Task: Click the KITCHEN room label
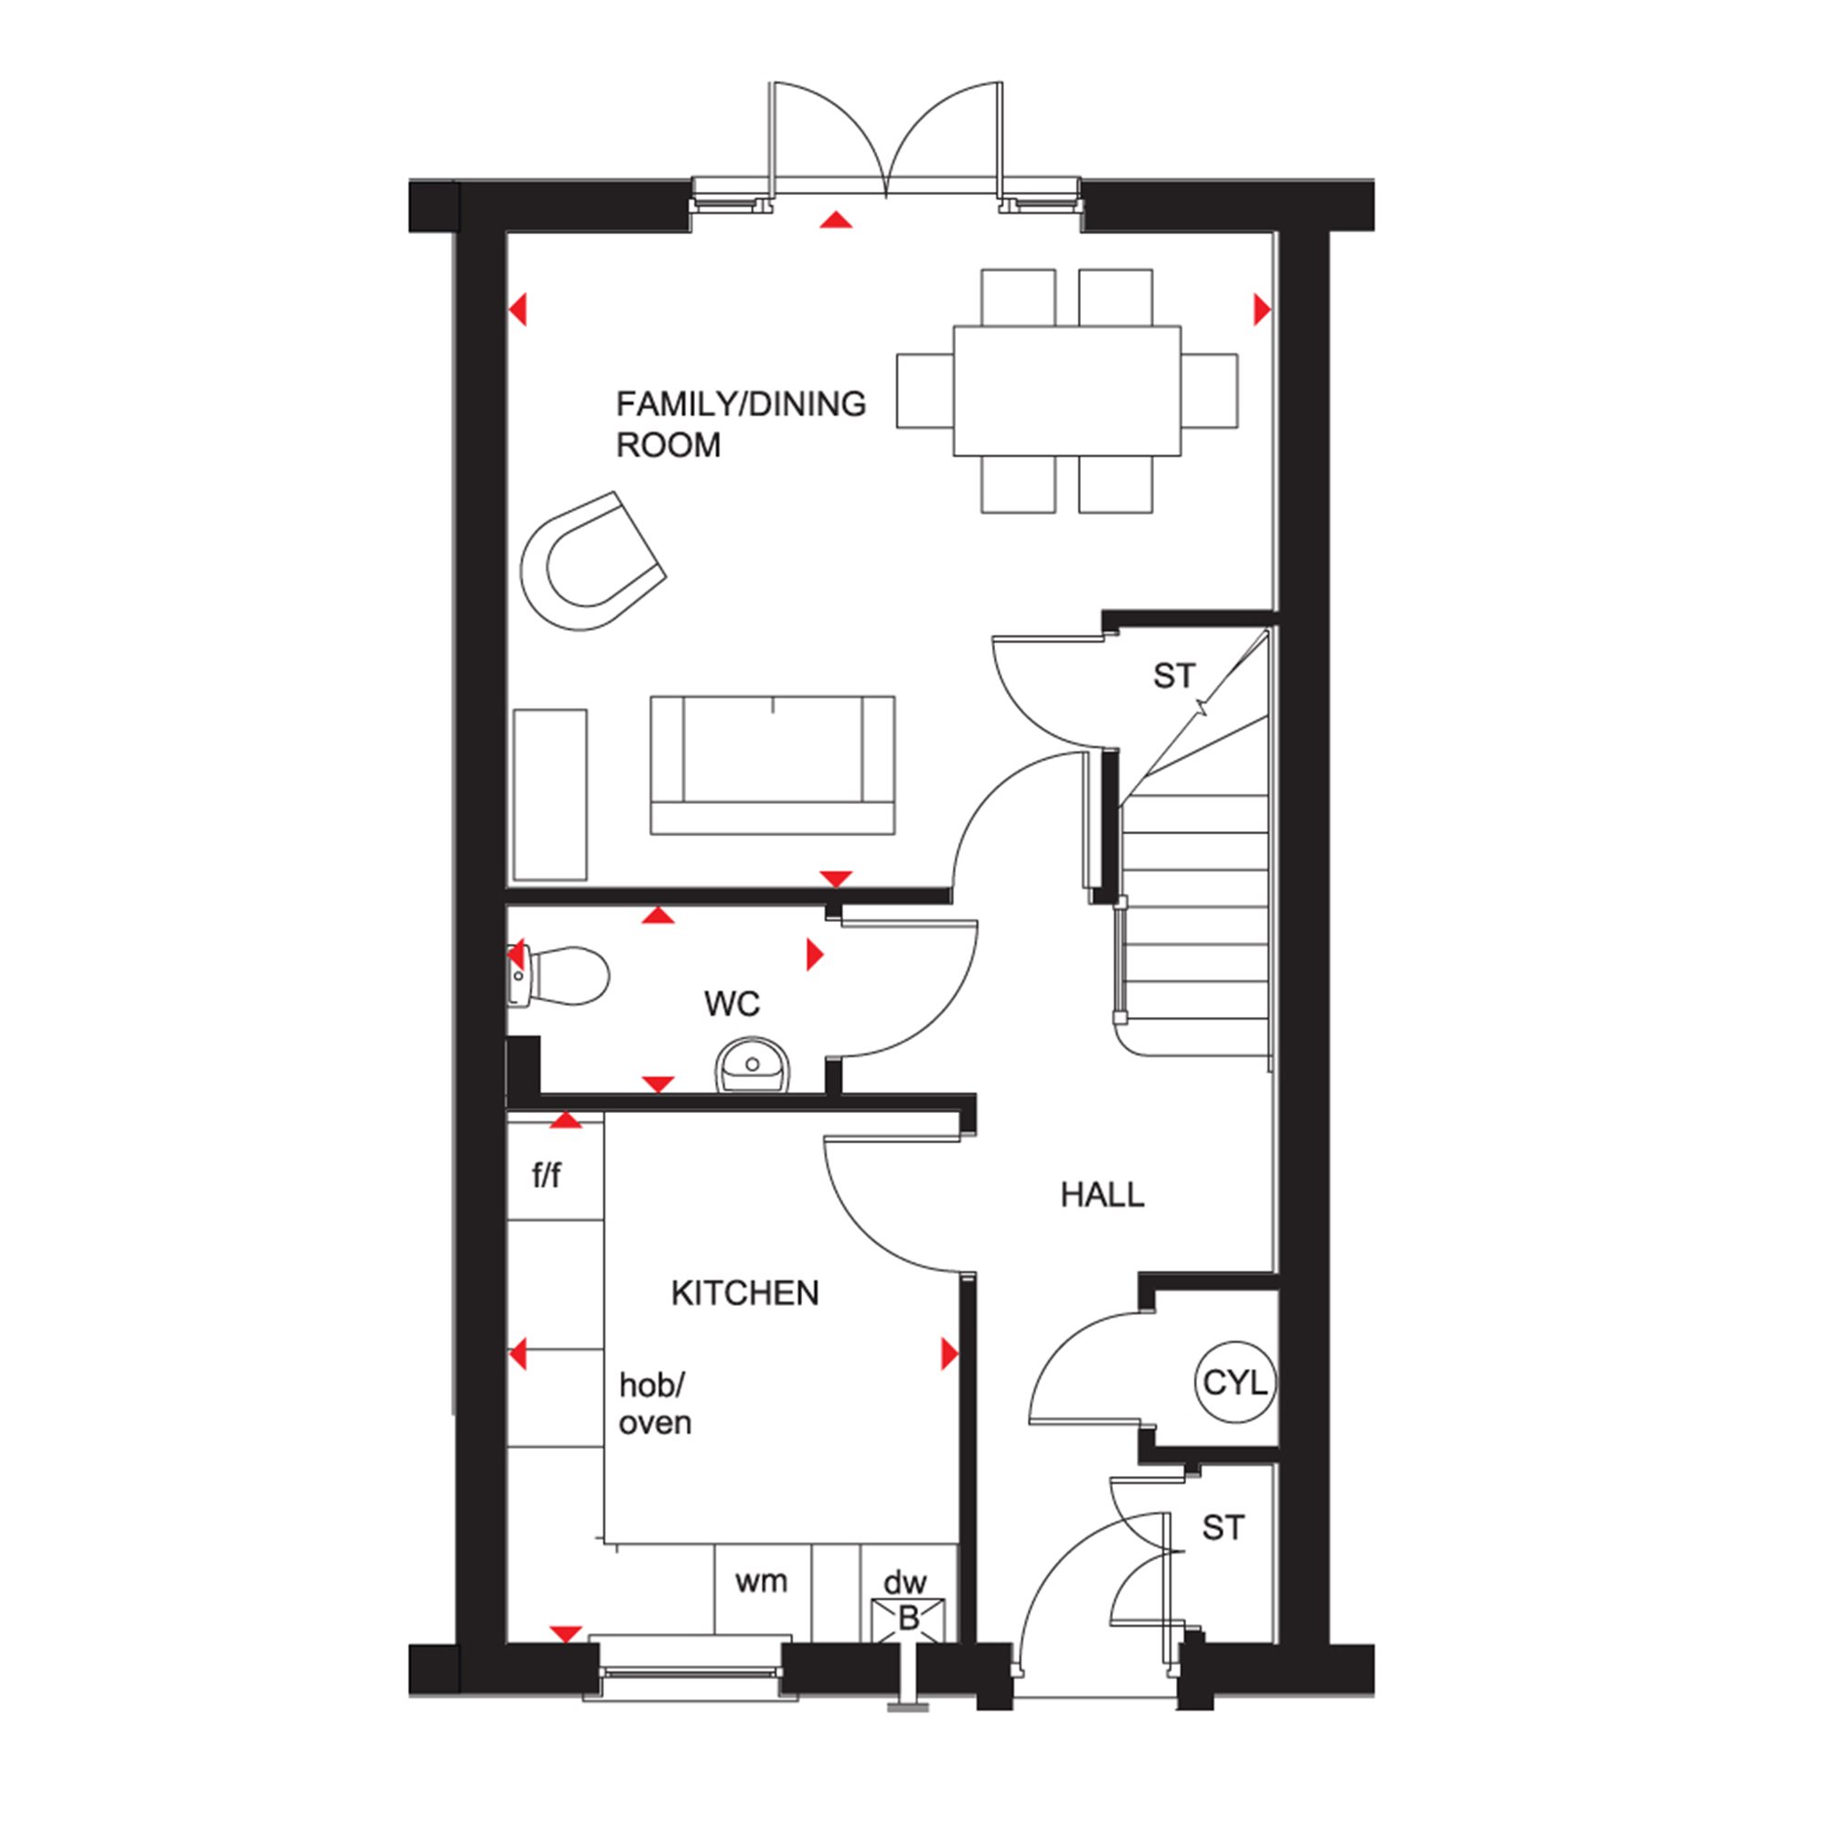tap(745, 1293)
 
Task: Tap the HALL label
tap(1102, 1195)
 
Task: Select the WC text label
tap(732, 1003)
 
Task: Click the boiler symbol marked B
tap(908, 1620)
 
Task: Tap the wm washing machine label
tap(761, 1581)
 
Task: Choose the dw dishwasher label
tap(905, 1582)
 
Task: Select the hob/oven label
tap(654, 1404)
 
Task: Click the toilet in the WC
tap(559, 975)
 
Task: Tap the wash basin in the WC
tap(752, 1065)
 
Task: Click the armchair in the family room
tap(593, 561)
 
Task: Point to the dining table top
tap(1067, 391)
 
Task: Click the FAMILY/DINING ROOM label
tap(741, 424)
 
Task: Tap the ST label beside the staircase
tap(1174, 676)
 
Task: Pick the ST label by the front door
tap(1223, 1528)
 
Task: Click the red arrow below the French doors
tap(836, 220)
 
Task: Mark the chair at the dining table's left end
tap(925, 391)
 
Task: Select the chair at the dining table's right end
tap(1210, 391)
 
